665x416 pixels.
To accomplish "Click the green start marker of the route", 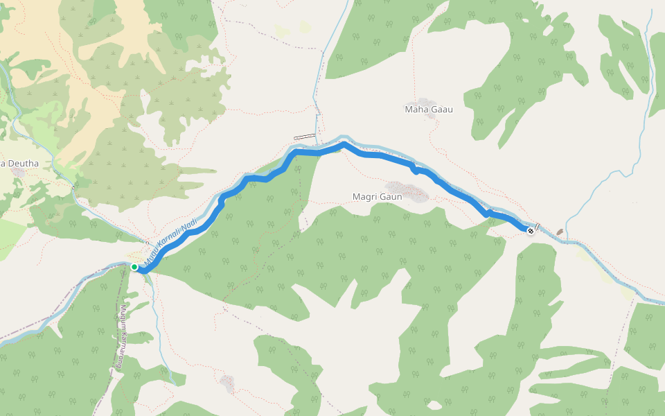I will coord(134,266).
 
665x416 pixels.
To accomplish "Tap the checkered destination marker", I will coord(531,230).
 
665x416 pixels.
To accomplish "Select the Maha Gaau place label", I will coord(428,109).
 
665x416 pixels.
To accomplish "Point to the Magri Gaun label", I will coord(378,197).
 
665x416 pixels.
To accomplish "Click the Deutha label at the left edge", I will coord(20,164).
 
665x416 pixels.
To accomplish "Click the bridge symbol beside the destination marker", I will coord(538,227).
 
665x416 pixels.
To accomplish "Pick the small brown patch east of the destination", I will coord(560,232).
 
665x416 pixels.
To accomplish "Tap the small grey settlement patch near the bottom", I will coord(227,381).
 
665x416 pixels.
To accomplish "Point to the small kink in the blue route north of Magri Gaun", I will coord(414,168).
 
